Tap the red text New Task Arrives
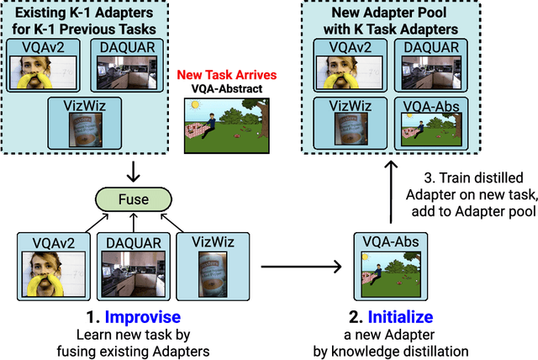(x=222, y=77)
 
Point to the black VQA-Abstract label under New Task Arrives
(x=222, y=90)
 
